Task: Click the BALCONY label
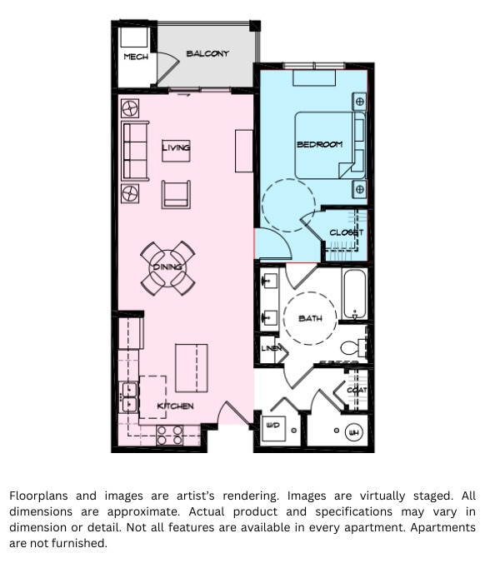click(x=207, y=54)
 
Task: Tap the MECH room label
click(x=135, y=57)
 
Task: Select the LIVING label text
click(x=176, y=147)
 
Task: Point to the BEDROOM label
click(x=319, y=145)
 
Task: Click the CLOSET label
click(x=346, y=233)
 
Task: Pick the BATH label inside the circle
click(x=310, y=319)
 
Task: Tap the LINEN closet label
click(x=271, y=348)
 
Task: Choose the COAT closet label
click(x=357, y=390)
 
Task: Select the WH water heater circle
click(x=353, y=432)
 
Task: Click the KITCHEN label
click(x=176, y=406)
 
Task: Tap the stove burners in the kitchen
click(x=170, y=433)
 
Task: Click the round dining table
click(x=167, y=267)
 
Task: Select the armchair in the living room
click(x=176, y=193)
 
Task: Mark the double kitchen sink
click(x=129, y=396)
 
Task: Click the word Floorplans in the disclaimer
click(x=41, y=496)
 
